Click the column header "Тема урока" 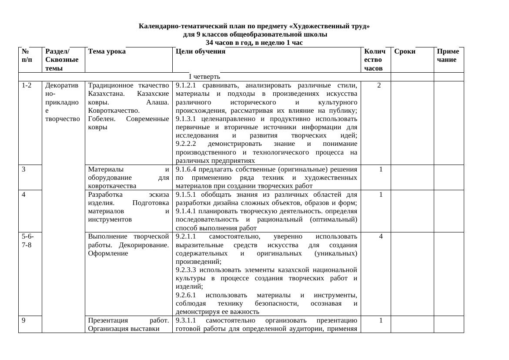[107, 51]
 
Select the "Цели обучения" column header [201, 51]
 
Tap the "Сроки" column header [405, 51]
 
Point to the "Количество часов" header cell [375, 60]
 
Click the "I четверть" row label [204, 77]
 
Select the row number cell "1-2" [27, 85]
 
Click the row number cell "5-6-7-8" [28, 240]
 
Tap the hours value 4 [381, 236]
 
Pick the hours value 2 [379, 85]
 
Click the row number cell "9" [24, 320]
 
